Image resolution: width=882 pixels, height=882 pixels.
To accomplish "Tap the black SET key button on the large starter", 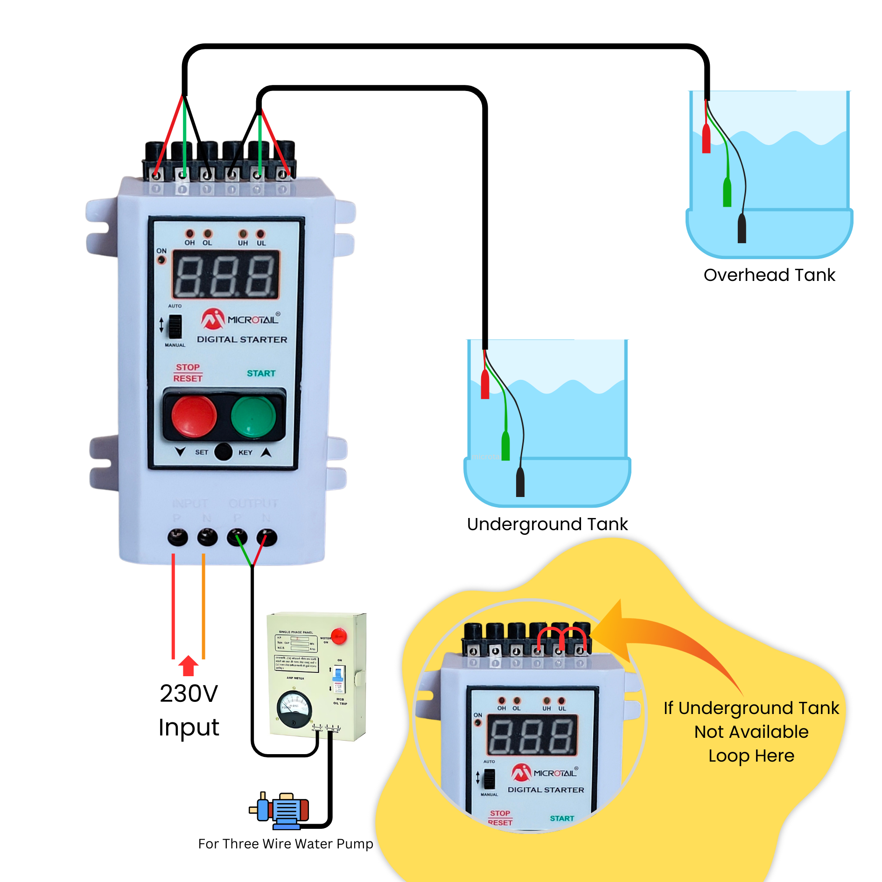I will (x=223, y=452).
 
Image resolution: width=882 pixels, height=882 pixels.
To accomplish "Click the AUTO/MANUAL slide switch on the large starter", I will (x=175, y=326).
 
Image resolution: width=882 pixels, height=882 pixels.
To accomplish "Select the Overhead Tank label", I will (x=769, y=275).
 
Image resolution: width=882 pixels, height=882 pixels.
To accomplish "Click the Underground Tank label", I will (x=547, y=524).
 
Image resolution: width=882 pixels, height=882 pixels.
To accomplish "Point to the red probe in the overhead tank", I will (x=706, y=139).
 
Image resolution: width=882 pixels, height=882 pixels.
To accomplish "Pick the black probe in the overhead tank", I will (x=742, y=229).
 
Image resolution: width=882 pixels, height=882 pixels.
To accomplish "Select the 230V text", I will (x=189, y=693).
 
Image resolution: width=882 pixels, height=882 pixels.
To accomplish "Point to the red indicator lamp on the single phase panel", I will (x=339, y=636).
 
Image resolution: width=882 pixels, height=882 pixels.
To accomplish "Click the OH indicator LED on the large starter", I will (x=189, y=233).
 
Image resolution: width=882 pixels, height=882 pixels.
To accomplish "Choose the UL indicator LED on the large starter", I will (x=260, y=233).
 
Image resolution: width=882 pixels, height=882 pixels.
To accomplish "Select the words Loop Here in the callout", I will (x=751, y=756).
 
